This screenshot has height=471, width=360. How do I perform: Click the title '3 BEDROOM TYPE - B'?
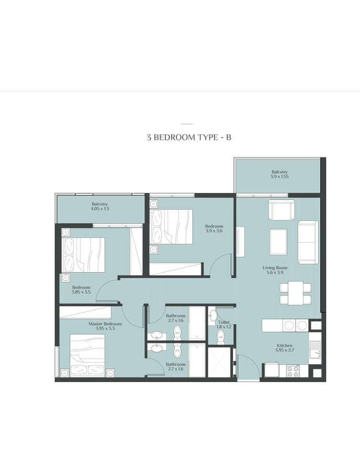point(189,138)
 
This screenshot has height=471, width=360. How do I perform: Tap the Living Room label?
point(275,270)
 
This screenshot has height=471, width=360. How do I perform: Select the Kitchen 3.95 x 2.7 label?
point(284,348)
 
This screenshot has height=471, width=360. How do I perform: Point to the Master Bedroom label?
point(105,326)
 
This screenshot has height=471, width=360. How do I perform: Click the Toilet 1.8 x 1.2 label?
point(224,324)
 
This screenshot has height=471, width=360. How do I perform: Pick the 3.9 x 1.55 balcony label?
point(279,174)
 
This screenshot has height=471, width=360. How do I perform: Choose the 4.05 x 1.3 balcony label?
point(100,206)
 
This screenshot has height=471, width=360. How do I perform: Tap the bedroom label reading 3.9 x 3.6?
point(214,229)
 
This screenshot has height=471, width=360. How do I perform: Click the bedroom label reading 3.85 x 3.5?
point(81,289)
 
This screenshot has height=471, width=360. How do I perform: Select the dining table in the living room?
point(296,293)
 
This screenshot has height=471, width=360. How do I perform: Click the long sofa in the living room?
point(308,242)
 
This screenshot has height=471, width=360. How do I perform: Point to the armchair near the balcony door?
point(282,210)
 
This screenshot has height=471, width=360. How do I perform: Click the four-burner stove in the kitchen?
point(292,371)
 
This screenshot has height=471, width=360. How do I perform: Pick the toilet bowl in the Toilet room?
point(221,338)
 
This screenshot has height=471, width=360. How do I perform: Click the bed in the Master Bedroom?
point(87,355)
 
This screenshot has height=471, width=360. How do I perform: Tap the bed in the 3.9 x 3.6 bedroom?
point(172,227)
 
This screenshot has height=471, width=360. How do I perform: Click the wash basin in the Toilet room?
point(212,316)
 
